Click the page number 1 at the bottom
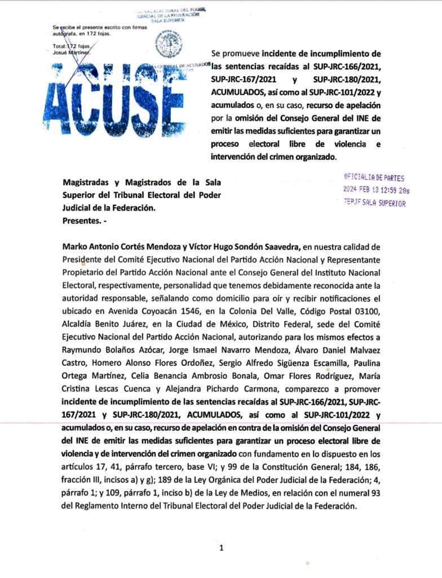(x=222, y=547)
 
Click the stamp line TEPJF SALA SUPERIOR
(x=374, y=203)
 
